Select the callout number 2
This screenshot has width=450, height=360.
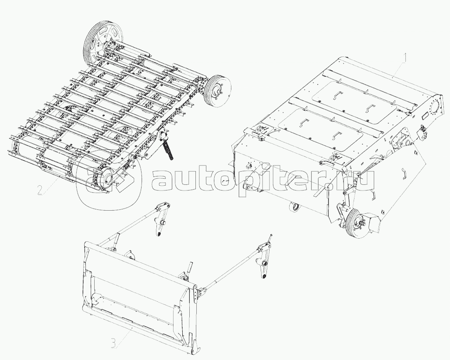click(x=40, y=190)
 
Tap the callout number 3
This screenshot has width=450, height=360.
click(x=113, y=343)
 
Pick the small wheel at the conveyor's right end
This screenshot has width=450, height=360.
click(x=219, y=91)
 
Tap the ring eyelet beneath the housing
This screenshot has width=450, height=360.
click(x=294, y=207)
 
